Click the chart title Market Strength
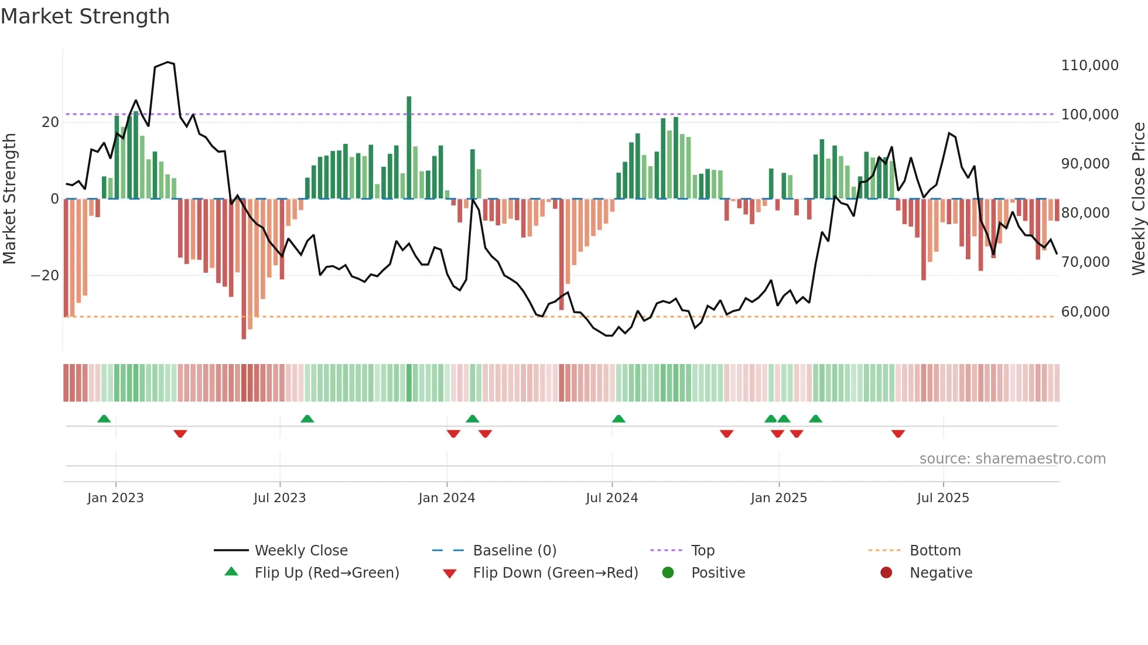[x=85, y=16]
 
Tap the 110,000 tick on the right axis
[x=1089, y=66]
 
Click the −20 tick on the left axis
[x=45, y=276]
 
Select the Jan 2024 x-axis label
[x=446, y=498]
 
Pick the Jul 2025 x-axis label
[x=942, y=498]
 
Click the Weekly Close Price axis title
[x=1138, y=199]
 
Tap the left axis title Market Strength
[x=10, y=199]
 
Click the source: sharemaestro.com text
[x=1012, y=459]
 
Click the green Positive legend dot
[x=668, y=573]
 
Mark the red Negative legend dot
[x=886, y=573]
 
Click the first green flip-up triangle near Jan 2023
[x=104, y=418]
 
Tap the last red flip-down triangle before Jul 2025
[x=898, y=434]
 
